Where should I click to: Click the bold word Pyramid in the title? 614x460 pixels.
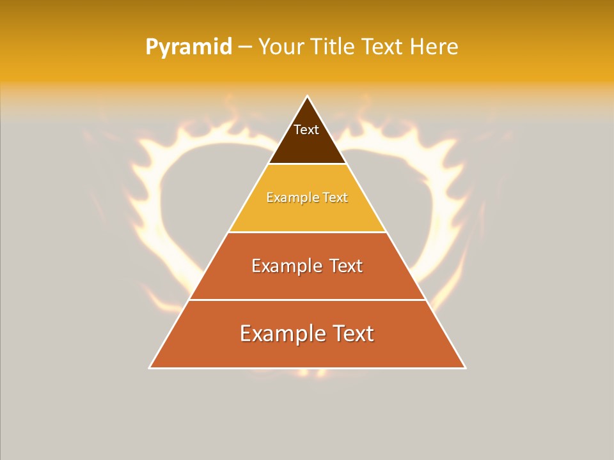188,47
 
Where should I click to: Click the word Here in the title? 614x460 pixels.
434,47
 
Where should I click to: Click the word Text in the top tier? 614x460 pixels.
306,130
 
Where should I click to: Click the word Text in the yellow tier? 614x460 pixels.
335,198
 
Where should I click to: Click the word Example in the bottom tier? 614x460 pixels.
283,333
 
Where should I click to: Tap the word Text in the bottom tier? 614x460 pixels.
352,333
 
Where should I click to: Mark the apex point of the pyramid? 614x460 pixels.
307,97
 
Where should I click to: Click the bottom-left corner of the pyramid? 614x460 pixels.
150,367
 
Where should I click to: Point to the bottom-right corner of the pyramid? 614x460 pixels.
464,367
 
